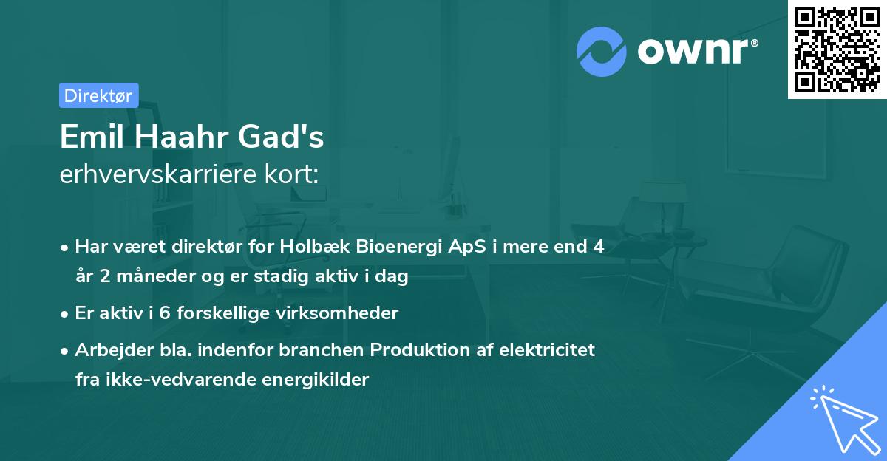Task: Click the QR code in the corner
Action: [837, 49]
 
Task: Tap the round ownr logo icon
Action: [602, 51]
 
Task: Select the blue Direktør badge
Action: [98, 95]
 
